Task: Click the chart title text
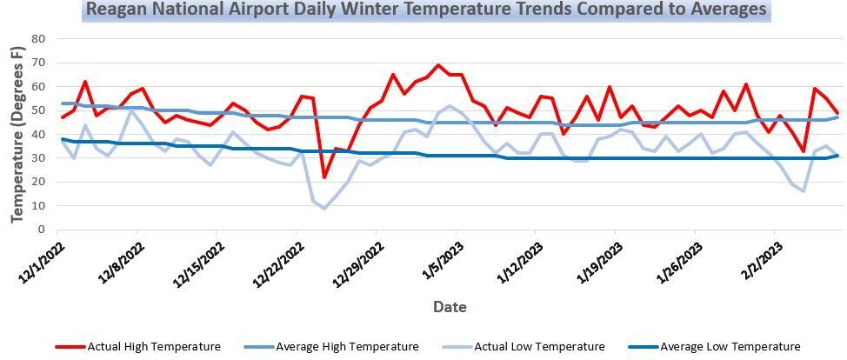tap(426, 10)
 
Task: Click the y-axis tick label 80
tap(37, 38)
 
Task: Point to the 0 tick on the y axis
tap(41, 230)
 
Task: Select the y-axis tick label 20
tap(37, 182)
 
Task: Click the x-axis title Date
tap(450, 307)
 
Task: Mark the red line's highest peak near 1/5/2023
tap(437, 64)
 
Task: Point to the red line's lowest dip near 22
tap(324, 177)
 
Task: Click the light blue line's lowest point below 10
tap(324, 208)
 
